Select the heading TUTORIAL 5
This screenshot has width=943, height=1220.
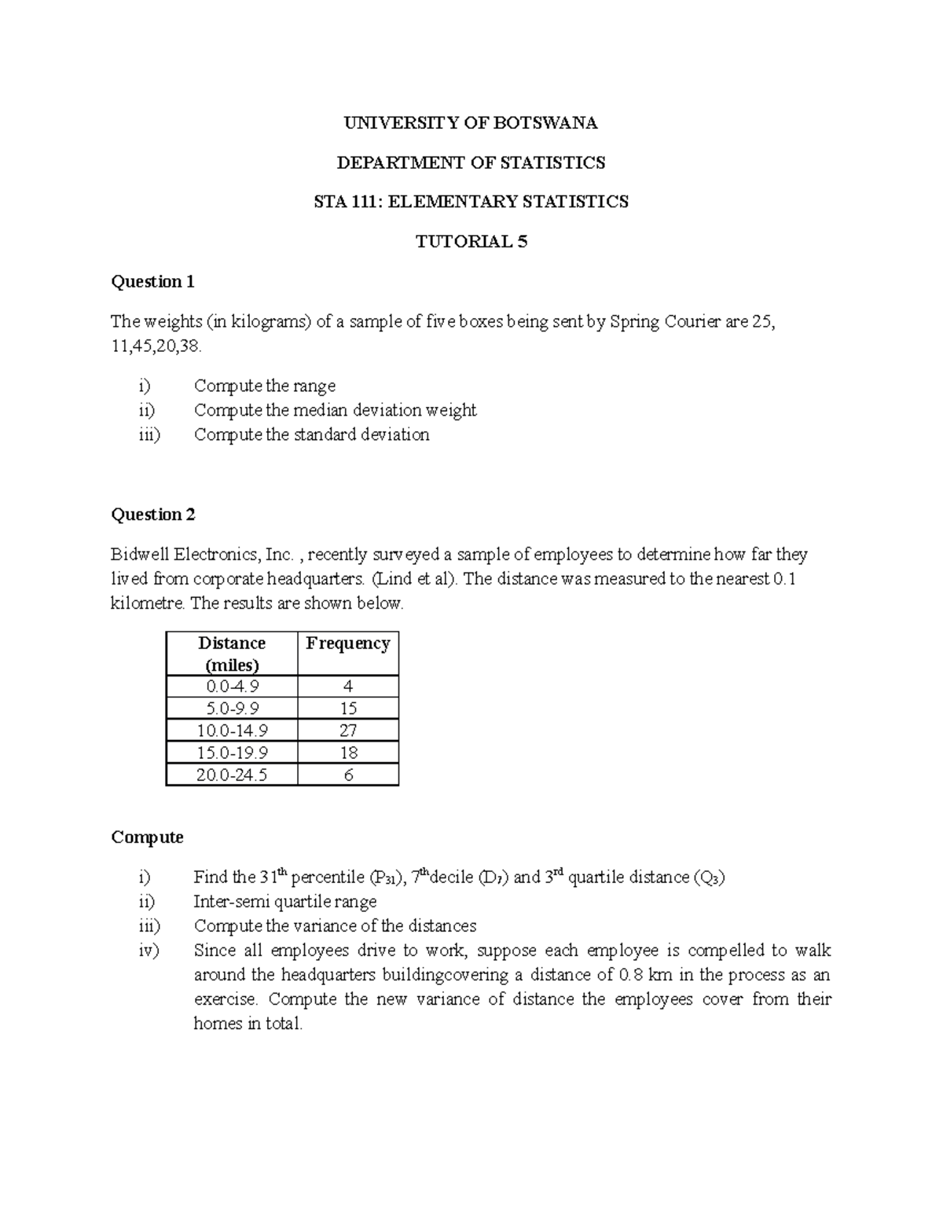point(471,241)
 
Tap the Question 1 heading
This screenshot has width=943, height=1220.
point(152,281)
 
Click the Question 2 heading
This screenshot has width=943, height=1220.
point(153,515)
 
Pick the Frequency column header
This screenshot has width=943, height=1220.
point(348,643)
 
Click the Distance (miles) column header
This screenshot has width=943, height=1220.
point(232,654)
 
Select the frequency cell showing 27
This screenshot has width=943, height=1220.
point(348,731)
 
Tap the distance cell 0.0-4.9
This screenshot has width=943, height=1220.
point(232,687)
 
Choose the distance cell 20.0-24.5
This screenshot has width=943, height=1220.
point(232,775)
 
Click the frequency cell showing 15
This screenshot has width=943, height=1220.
point(348,709)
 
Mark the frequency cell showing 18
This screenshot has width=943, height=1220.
point(348,753)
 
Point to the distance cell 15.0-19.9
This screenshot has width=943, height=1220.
point(232,753)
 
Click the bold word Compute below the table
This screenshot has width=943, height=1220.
point(147,837)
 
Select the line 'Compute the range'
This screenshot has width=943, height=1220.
point(265,386)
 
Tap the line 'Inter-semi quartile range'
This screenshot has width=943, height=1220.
point(285,901)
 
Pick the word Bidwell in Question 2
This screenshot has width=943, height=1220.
point(140,555)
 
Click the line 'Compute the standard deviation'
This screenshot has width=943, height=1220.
point(311,434)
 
